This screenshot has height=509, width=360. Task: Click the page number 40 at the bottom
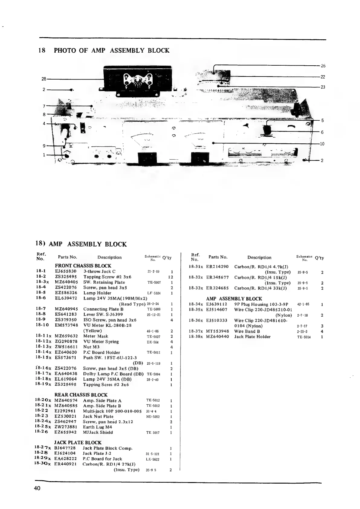37,488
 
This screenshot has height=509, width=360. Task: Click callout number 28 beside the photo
44,79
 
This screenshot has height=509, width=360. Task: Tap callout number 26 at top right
323,66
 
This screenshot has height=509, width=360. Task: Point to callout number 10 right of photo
322,144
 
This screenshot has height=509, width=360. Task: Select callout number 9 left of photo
44,146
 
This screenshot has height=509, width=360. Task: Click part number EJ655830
66,271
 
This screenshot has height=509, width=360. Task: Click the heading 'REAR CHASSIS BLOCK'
81,395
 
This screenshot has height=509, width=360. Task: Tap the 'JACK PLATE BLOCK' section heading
78,442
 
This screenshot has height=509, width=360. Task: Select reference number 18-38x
196,337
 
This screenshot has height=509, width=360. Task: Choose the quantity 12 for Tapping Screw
170,277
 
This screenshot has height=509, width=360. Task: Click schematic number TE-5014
304,337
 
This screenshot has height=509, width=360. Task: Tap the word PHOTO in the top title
65,51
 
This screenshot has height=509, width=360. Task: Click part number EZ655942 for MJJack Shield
65,432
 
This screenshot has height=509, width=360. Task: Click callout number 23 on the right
323,87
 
